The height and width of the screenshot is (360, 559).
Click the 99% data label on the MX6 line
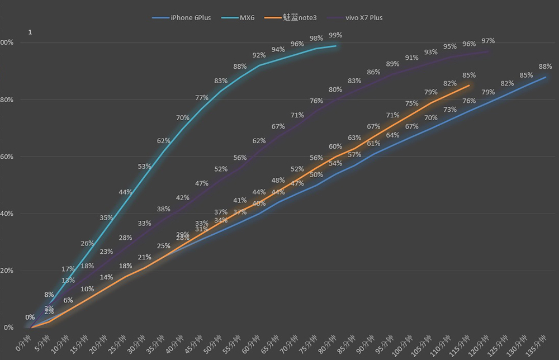(335, 35)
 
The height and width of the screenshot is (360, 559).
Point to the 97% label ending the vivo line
(488, 41)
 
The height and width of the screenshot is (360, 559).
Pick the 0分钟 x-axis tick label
(23, 342)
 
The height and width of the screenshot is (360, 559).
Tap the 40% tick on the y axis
(7, 214)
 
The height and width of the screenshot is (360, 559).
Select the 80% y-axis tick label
(7, 100)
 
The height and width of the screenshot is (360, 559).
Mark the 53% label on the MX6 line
(144, 166)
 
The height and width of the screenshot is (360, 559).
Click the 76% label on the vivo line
(316, 101)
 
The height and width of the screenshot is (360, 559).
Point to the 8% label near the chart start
(49, 295)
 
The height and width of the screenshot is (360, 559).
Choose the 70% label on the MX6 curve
(182, 117)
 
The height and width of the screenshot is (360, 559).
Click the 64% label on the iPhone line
(392, 135)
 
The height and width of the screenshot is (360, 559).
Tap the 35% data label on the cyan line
(106, 217)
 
